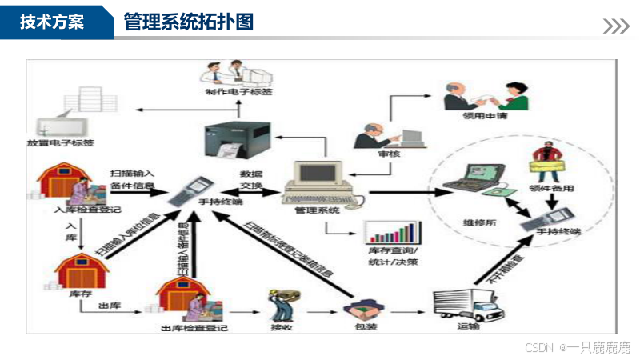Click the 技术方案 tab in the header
tap(51, 22)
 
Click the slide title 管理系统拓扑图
tap(189, 22)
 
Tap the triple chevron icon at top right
tap(615, 26)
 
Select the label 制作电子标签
tap(238, 93)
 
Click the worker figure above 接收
tap(280, 304)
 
